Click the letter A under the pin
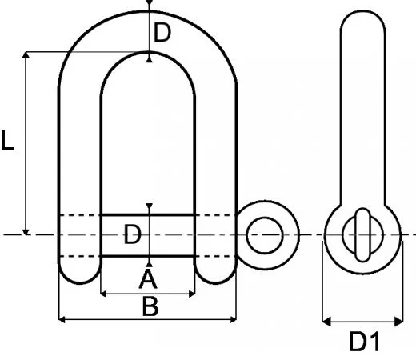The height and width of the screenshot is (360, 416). pyautogui.click(x=148, y=279)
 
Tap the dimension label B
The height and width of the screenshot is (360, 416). pyautogui.click(x=150, y=306)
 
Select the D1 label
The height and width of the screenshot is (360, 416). pyautogui.click(x=364, y=342)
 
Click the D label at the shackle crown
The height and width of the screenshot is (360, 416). pyautogui.click(x=162, y=34)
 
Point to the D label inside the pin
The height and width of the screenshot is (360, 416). pyautogui.click(x=134, y=234)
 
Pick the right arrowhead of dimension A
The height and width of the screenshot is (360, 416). pyautogui.click(x=192, y=294)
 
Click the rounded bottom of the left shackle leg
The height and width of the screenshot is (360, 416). pyautogui.click(x=80, y=277)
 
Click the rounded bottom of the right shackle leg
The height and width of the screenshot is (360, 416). pyautogui.click(x=216, y=277)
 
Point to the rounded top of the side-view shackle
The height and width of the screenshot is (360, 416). pyautogui.click(x=364, y=18)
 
